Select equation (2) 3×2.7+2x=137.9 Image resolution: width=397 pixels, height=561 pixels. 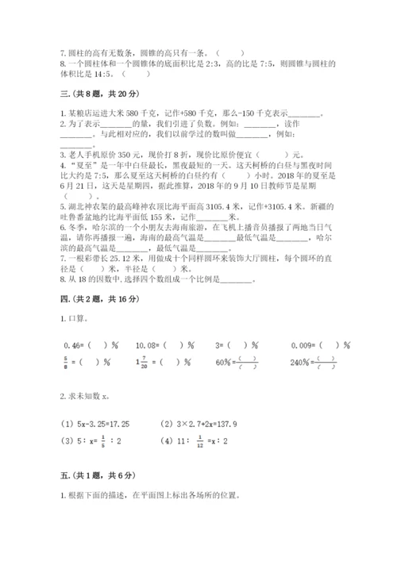click(x=207, y=424)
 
